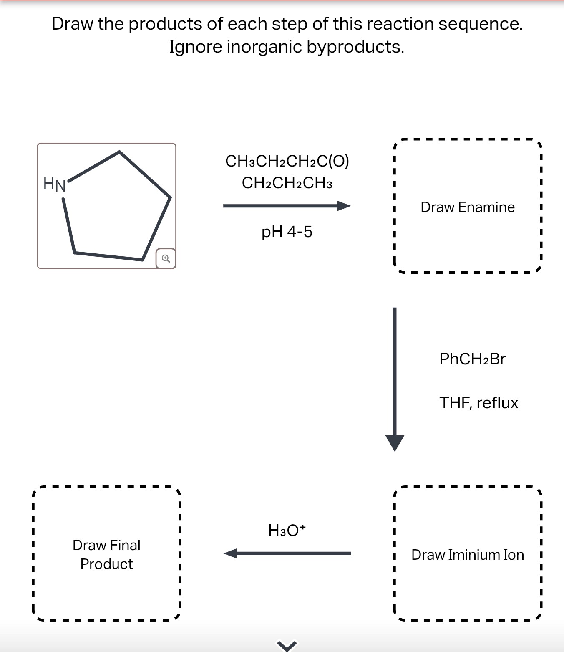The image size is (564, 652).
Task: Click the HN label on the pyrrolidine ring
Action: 55,184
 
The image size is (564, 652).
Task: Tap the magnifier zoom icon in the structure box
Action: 166,259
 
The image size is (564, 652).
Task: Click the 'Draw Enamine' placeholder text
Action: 467,207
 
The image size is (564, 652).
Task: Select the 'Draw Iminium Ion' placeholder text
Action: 467,555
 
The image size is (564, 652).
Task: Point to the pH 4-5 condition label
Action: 287,232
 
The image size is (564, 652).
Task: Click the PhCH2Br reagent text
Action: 472,359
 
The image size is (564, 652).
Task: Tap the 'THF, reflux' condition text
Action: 478,403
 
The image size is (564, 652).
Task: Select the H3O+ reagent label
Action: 287,530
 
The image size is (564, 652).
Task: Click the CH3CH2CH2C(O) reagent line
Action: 287,161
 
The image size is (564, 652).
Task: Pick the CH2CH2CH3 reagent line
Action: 287,183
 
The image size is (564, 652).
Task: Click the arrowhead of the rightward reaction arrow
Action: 344,206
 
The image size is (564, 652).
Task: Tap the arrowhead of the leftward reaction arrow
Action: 231,553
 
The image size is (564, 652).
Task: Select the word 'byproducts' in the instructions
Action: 355,47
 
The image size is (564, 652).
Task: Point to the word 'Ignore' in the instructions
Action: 195,47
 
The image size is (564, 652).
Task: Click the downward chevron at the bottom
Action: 287,646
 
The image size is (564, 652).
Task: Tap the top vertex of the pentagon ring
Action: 120,152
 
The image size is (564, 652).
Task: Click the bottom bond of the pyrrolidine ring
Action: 108,256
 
